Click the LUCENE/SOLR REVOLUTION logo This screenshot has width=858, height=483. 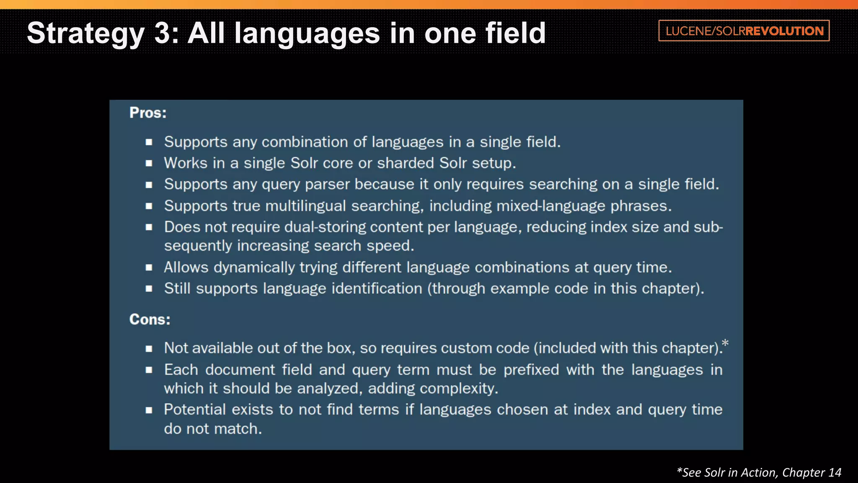point(744,31)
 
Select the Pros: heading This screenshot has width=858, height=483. point(148,113)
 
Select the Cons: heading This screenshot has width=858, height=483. point(150,319)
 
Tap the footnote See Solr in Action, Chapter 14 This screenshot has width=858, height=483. point(759,473)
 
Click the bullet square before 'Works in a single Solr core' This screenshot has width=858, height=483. point(149,164)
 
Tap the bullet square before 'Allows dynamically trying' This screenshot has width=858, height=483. point(149,267)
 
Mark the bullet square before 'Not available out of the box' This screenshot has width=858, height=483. point(149,348)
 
